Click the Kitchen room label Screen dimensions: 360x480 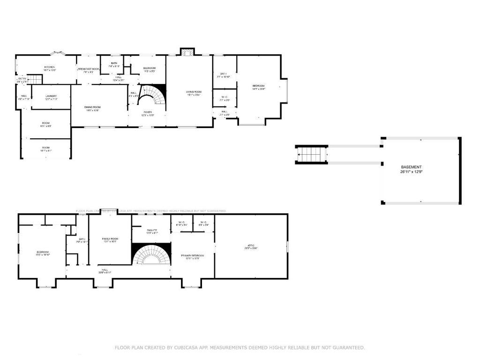tap(50, 67)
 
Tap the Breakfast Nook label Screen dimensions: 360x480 tap(89, 69)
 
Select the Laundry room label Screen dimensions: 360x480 tap(51, 97)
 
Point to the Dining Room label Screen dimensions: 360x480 tap(92, 108)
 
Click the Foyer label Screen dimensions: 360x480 tap(148, 112)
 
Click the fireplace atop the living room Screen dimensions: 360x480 tap(187, 52)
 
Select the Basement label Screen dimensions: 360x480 tap(411, 167)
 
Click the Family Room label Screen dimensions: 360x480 tap(111, 240)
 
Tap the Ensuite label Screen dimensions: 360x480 tap(151, 231)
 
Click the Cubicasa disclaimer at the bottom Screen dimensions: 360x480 tap(240, 347)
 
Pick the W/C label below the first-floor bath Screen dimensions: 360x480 tap(225, 97)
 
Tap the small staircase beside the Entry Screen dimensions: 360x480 tap(33, 80)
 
